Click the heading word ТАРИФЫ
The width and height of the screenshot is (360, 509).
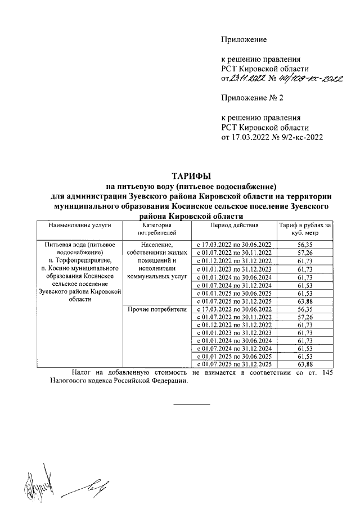[191, 177]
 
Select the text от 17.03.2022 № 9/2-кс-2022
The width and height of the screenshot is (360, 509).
[273, 137]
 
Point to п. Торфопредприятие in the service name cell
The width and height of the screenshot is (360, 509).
[79, 260]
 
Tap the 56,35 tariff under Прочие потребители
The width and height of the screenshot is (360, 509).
[304, 309]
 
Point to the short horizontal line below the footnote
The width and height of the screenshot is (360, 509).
[191, 404]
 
